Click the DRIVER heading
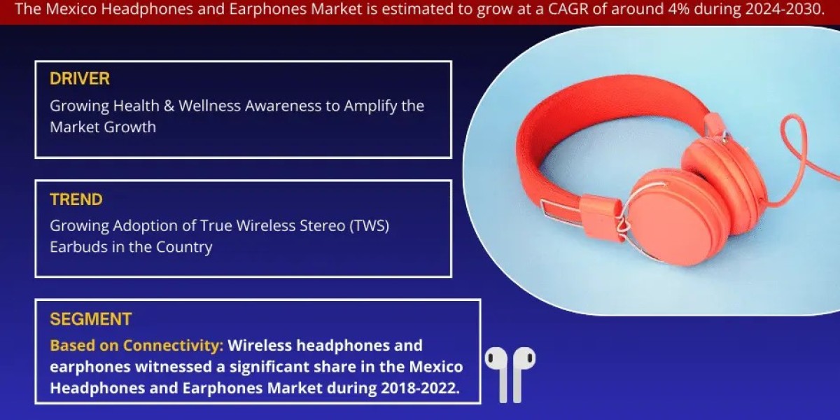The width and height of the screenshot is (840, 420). point(80,78)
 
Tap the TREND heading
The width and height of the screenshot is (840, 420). point(76,199)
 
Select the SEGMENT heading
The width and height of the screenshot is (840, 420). point(91,319)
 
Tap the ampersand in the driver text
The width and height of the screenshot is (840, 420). point(169,106)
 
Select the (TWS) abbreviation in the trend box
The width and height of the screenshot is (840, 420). point(370,226)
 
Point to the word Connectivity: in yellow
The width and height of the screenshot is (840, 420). point(174,346)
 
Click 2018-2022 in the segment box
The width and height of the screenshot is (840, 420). point(420,388)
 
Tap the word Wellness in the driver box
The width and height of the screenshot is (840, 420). point(209,106)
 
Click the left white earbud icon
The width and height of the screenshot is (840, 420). point(498,374)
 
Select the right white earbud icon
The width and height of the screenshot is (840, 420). point(522,374)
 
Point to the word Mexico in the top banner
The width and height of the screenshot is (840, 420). point(71,9)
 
